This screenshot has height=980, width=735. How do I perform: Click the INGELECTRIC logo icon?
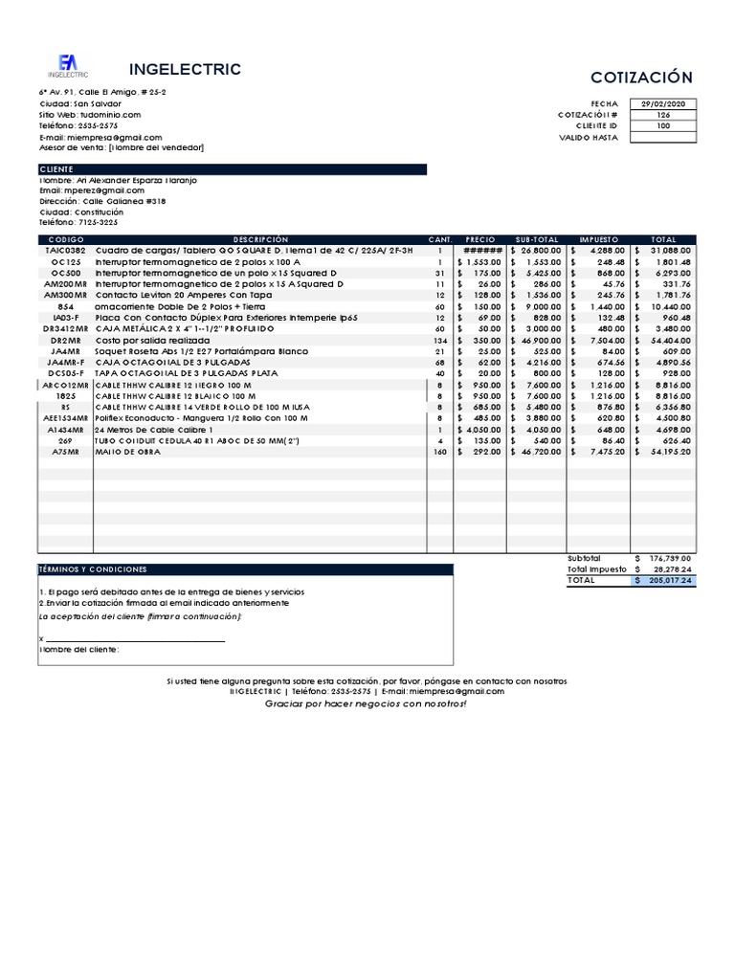point(68,63)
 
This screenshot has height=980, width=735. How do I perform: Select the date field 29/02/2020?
point(664,103)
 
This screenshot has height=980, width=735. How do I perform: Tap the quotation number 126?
point(664,115)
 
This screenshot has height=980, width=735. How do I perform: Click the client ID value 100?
point(664,125)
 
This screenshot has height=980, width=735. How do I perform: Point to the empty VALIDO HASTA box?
point(664,137)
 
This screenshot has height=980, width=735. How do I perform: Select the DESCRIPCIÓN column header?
point(259,239)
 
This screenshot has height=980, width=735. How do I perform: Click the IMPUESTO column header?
point(599,239)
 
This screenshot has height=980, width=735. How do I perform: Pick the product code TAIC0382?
point(66,250)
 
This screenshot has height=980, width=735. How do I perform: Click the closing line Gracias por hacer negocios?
point(367,703)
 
